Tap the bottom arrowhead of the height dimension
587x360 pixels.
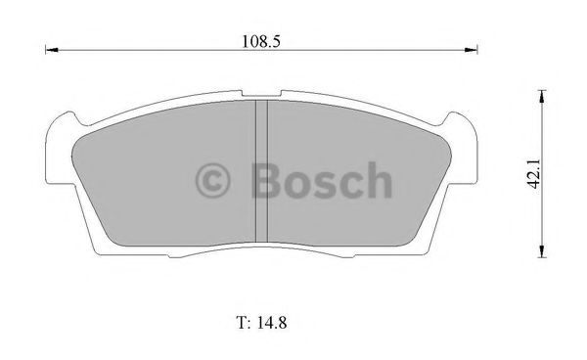(540, 254)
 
